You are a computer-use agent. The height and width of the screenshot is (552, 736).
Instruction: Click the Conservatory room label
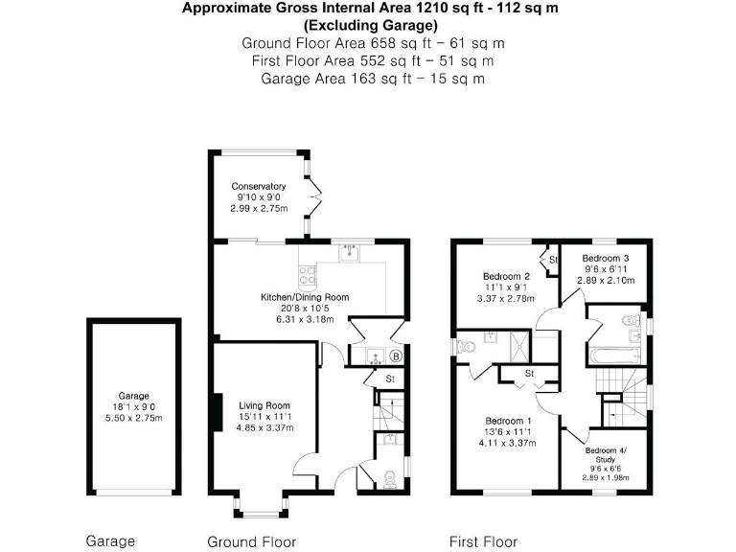(x=259, y=186)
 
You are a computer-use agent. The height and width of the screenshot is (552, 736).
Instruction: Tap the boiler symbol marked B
(x=396, y=356)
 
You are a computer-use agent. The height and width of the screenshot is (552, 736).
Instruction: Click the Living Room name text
(x=264, y=405)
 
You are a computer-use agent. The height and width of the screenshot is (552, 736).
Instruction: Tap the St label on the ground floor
(x=390, y=379)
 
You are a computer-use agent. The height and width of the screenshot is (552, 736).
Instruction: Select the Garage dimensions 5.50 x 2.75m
(x=134, y=418)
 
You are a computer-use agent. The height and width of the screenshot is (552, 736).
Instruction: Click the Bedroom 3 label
(x=606, y=258)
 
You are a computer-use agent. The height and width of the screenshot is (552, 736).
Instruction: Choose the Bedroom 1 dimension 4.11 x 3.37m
(x=509, y=444)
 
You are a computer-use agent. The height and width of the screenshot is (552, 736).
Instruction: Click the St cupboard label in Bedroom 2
(x=553, y=259)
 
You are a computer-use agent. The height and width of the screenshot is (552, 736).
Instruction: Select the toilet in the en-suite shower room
(x=467, y=344)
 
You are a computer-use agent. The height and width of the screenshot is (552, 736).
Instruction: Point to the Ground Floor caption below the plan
(x=252, y=541)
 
